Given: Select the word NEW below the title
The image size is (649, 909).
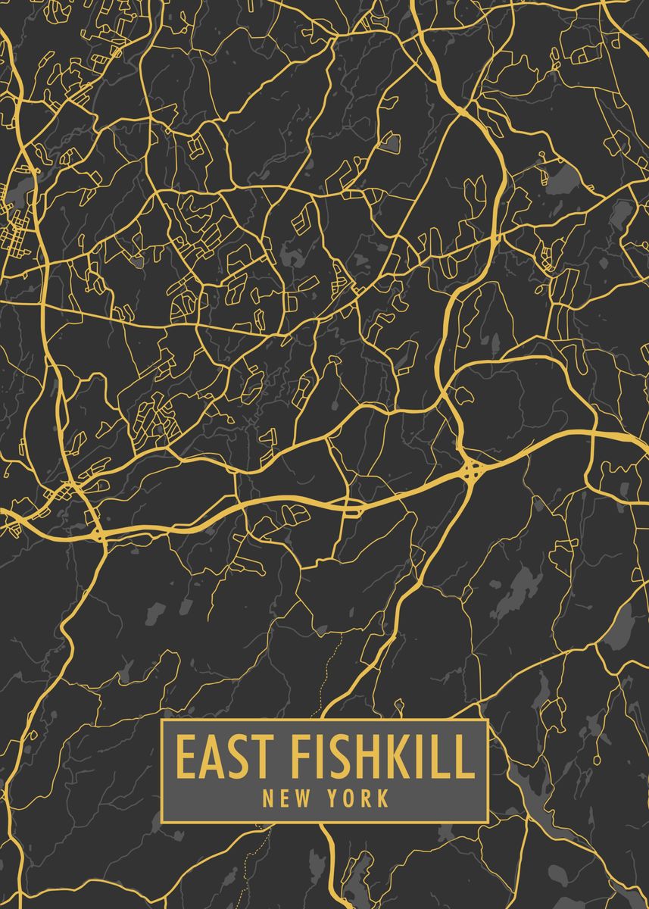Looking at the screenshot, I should (285, 798).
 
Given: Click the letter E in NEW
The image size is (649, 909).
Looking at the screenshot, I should (284, 798).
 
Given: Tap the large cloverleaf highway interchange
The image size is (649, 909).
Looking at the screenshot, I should (472, 470).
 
